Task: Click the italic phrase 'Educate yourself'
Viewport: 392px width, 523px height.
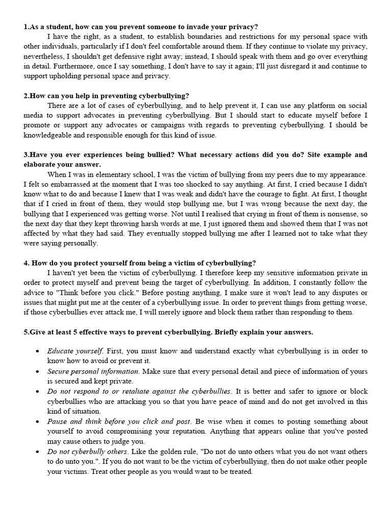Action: click(x=75, y=351)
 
